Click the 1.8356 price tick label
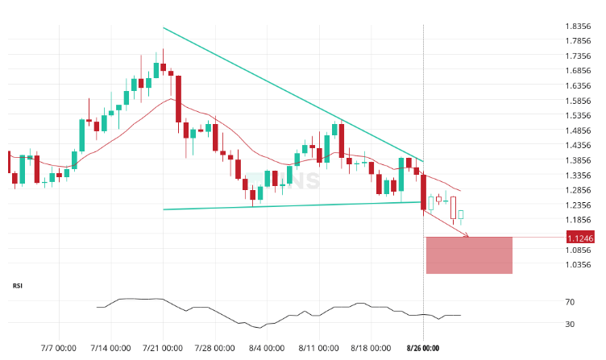tap(579, 27)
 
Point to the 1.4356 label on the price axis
tap(579, 146)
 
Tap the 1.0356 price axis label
tap(579, 265)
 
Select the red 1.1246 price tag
tap(580, 238)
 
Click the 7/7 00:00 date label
tap(59, 349)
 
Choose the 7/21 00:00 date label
tap(163, 349)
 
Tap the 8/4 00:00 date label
tap(266, 349)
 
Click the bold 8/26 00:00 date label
tap(422, 349)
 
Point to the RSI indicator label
tap(18, 286)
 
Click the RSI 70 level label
tap(570, 303)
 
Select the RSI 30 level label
tap(570, 325)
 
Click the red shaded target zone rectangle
tap(469, 255)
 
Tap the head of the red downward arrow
tap(467, 236)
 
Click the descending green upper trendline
tap(290, 93)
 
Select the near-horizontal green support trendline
tap(290, 205)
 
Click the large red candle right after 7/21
tap(178, 98)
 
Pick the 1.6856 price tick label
tap(579, 71)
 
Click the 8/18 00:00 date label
tap(370, 349)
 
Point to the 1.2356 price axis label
tap(579, 205)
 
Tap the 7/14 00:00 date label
tap(111, 349)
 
